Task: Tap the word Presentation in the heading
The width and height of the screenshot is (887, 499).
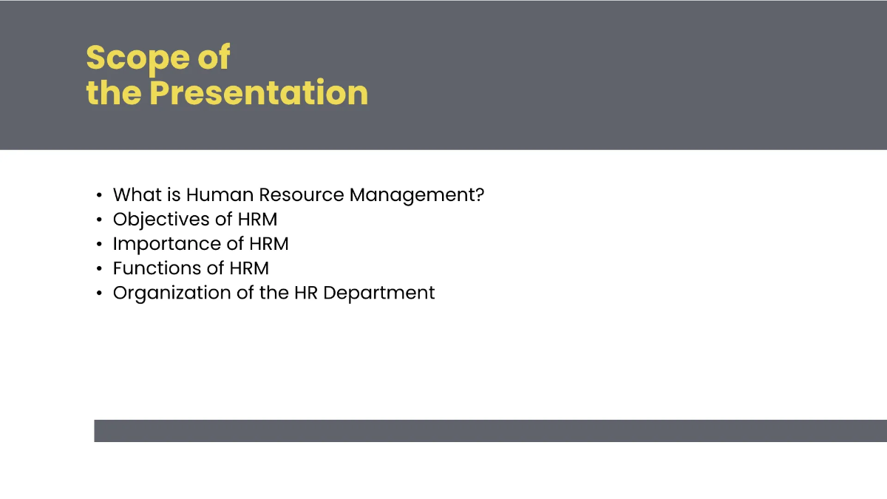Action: tap(259, 93)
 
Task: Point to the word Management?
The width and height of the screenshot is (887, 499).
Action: tap(417, 196)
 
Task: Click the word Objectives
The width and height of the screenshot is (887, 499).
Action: tap(161, 220)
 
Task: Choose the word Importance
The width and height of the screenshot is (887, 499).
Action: tap(168, 244)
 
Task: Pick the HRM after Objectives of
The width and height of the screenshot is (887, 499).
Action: tap(257, 220)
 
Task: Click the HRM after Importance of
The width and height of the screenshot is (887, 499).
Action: tap(268, 244)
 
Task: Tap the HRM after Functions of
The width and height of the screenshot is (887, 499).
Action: tap(248, 268)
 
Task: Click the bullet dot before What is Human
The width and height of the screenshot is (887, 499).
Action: tap(99, 196)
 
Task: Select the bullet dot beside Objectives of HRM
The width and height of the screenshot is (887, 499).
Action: tap(99, 220)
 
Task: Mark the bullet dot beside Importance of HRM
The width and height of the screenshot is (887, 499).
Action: tap(99, 244)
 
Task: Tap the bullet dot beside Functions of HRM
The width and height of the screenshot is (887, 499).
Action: tap(99, 268)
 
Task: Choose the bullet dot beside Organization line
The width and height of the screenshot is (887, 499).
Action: tap(99, 293)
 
